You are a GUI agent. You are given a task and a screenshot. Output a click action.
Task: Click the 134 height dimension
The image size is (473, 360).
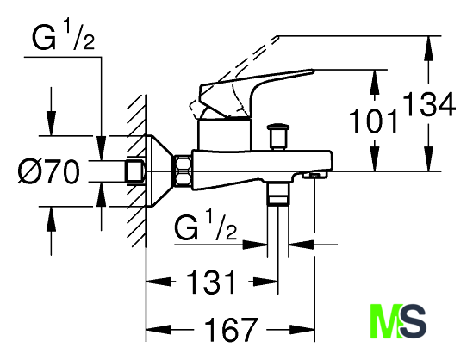tap(429, 104)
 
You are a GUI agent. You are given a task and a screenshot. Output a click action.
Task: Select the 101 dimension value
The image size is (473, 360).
tap(373, 121)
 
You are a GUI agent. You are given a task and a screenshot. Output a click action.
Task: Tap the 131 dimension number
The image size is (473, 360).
tap(211, 282)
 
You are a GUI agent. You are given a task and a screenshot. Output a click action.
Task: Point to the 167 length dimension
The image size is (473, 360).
tap(231, 329)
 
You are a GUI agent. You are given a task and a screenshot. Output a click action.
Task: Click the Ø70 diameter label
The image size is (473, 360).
tap(49, 171)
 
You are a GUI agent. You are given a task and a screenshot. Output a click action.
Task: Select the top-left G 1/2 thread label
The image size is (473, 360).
tap(63, 37)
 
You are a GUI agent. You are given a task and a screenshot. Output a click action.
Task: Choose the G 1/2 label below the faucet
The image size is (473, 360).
tap(206, 225)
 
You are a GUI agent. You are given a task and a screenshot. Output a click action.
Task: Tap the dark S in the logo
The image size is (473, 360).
tap(413, 320)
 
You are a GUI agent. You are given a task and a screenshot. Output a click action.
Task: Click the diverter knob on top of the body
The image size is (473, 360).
tap(277, 136)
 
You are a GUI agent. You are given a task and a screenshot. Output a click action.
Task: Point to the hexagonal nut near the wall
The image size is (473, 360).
tap(182, 171)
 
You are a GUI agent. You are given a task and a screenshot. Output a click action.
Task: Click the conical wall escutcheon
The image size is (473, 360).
tap(159, 171)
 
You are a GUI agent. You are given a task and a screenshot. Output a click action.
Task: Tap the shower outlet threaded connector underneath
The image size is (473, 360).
tap(277, 194)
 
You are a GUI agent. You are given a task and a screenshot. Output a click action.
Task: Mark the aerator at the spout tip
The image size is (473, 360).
tap(314, 175)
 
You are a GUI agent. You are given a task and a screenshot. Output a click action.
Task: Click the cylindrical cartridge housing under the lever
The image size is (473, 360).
tap(224, 134)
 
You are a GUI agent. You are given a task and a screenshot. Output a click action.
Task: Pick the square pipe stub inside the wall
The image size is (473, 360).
tap(135, 171)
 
